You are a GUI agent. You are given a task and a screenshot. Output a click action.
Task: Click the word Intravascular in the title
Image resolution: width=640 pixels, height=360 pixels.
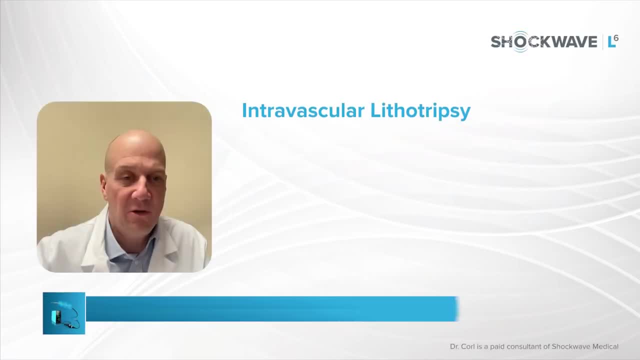click(303, 110)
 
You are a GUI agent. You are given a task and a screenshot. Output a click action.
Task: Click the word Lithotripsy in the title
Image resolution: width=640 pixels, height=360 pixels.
click(420, 111)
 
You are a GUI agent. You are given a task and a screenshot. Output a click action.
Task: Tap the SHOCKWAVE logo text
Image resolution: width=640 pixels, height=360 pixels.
click(544, 41)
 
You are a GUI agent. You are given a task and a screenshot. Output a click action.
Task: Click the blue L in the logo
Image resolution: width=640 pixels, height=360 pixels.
click(611, 42)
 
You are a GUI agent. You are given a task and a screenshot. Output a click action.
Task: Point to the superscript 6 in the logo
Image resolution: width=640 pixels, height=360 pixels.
click(616, 38)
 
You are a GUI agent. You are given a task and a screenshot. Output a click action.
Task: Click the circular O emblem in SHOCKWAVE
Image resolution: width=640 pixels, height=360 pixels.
click(521, 41)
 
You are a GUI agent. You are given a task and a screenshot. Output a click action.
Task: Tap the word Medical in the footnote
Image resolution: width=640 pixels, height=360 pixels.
click(605, 346)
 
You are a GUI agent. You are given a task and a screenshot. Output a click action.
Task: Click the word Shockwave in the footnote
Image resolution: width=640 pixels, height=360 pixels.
click(570, 346)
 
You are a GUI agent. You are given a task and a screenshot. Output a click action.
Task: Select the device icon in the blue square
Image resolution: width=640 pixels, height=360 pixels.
click(64, 313)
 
